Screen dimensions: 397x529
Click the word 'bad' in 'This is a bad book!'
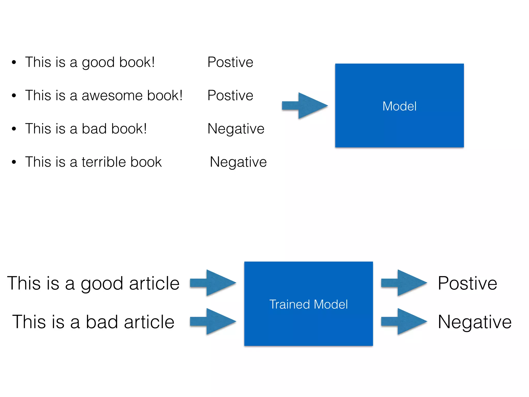point(94,129)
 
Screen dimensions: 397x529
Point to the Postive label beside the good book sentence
point(230,62)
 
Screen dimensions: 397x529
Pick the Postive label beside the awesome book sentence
point(230,95)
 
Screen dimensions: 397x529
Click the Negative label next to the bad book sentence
point(236,129)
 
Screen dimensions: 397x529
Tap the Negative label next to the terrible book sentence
point(238,162)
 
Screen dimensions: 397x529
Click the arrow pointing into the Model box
point(305,106)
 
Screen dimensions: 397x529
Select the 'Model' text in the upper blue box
point(399,106)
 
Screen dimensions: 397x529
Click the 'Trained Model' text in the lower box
point(308,304)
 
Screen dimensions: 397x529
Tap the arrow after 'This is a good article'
point(213,283)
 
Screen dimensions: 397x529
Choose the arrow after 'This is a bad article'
point(213,321)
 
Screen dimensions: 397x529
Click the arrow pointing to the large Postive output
point(404,283)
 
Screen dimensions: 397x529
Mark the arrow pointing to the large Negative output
point(404,321)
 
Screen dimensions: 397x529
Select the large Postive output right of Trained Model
point(467,283)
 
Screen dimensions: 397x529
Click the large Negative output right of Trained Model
point(474,322)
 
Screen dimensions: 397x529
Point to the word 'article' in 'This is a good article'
point(154,283)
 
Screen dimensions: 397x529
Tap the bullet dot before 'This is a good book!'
point(14,62)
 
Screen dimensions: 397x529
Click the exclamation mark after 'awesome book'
point(181,95)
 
